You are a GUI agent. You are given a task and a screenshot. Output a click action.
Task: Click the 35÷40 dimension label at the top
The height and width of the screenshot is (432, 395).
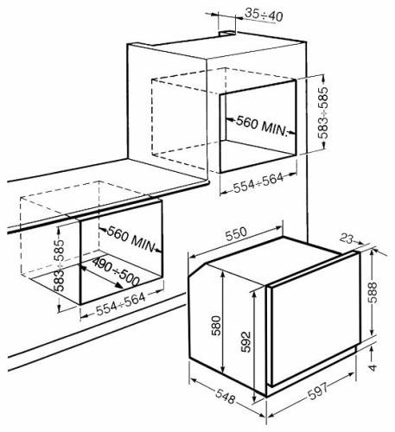[264, 16]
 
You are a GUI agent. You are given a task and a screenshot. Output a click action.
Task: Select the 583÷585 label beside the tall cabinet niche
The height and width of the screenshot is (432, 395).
[323, 112]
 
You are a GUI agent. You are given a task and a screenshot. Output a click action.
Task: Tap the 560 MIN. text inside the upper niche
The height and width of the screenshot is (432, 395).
[262, 125]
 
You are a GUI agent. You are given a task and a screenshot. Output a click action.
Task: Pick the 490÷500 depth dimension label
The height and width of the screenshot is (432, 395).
[116, 271]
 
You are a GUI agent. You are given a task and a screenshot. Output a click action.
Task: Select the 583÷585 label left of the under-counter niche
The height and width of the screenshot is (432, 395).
[60, 265]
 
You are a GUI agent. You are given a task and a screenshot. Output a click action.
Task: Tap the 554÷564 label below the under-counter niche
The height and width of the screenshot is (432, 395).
[120, 304]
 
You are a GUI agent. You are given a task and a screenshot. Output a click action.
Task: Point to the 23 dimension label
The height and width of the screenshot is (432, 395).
[346, 238]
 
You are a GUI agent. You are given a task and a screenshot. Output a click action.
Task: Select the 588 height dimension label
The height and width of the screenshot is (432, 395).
[373, 292]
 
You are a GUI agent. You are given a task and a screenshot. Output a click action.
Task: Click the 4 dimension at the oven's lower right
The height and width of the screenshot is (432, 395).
[373, 367]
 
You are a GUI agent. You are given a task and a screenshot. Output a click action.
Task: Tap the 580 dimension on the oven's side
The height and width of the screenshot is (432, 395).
[216, 326]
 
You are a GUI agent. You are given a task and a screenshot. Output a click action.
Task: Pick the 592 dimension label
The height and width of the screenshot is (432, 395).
[245, 342]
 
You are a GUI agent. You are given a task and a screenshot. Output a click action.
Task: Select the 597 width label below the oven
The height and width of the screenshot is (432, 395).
[318, 391]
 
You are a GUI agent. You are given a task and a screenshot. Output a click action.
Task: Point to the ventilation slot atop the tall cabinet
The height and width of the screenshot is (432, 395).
[226, 34]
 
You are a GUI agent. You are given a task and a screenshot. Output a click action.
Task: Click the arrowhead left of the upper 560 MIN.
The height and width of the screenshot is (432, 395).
[231, 119]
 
